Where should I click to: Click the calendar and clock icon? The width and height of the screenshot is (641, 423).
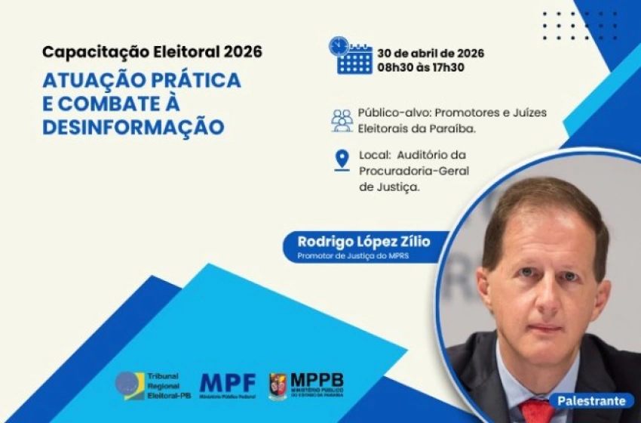(x=350, y=56)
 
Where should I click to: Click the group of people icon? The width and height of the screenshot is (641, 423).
(x=342, y=120)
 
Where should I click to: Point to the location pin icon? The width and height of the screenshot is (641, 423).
(x=342, y=160)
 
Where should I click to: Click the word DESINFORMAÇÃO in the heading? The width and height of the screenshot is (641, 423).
(x=133, y=127)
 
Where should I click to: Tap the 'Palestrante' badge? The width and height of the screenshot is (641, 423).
(x=590, y=400)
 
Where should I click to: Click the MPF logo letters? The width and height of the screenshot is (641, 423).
(x=228, y=383)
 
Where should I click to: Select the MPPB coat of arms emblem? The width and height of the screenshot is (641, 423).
(x=278, y=385)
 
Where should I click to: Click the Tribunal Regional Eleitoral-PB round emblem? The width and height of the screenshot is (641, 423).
(x=130, y=385)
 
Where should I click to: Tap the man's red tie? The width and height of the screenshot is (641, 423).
(x=537, y=411)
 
